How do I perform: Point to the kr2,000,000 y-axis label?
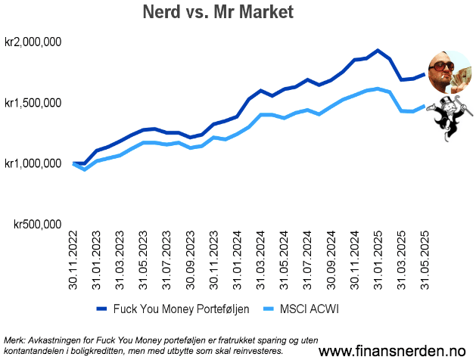33,42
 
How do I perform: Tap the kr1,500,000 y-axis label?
33,103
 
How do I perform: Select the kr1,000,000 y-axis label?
33,163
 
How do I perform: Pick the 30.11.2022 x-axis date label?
74,261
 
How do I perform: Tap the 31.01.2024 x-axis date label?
237,261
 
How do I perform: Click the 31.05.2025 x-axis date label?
423,261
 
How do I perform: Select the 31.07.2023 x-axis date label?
166,261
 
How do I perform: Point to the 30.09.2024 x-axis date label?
330,261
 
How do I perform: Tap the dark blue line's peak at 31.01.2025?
377,51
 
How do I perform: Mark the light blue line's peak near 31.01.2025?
377,88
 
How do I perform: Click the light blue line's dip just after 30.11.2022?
85,169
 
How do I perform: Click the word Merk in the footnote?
14,340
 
